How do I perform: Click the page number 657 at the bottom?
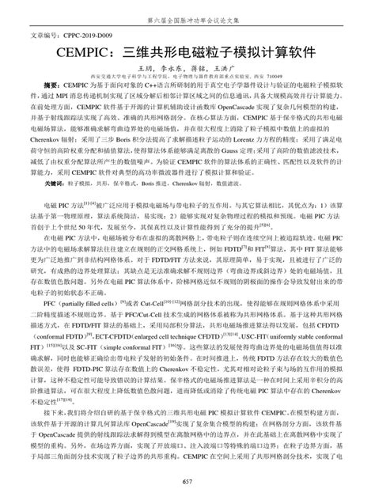(187, 483)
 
